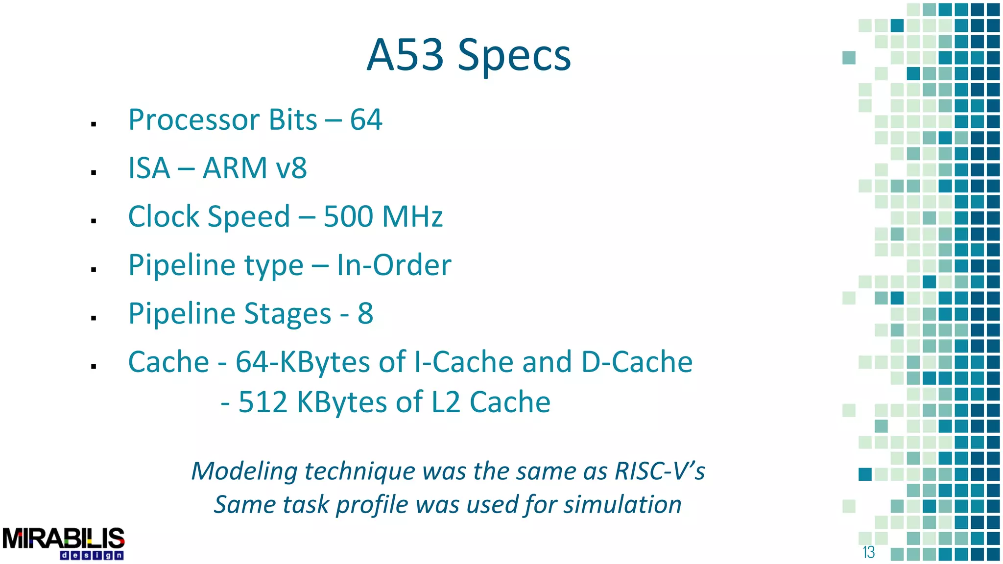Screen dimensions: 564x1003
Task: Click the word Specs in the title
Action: [x=514, y=56]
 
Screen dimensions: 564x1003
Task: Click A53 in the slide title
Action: [x=405, y=55]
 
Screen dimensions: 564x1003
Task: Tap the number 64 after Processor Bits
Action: [x=366, y=120]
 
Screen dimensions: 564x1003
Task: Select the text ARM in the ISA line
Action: [x=235, y=168]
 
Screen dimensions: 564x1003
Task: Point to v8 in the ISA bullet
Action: [x=291, y=168]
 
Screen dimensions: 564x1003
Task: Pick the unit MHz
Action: [x=412, y=216]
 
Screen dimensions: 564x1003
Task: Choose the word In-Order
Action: [x=394, y=265]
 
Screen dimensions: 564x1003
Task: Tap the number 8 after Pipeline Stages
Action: [x=365, y=313]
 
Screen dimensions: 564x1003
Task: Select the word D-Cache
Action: [x=637, y=362]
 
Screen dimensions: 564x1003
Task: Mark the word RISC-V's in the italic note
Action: [x=659, y=471]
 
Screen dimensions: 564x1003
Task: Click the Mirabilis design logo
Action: [x=64, y=543]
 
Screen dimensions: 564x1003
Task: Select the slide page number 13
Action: [x=869, y=552]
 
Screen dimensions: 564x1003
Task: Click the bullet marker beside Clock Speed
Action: [x=94, y=221]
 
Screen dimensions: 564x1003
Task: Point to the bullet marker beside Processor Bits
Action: [x=94, y=124]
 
